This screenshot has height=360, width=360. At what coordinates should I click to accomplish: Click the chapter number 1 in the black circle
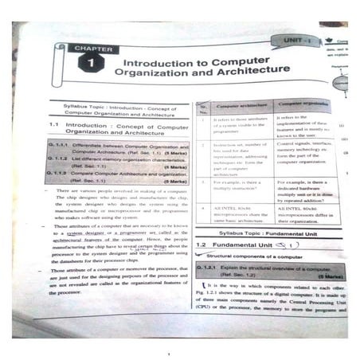(92, 63)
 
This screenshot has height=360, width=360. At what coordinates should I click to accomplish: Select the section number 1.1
(55, 126)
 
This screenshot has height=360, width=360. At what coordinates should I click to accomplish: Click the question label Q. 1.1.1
(60, 148)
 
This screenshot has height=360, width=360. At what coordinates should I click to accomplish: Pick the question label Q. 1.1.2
(60, 159)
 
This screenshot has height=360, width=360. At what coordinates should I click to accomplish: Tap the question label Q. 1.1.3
(60, 173)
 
